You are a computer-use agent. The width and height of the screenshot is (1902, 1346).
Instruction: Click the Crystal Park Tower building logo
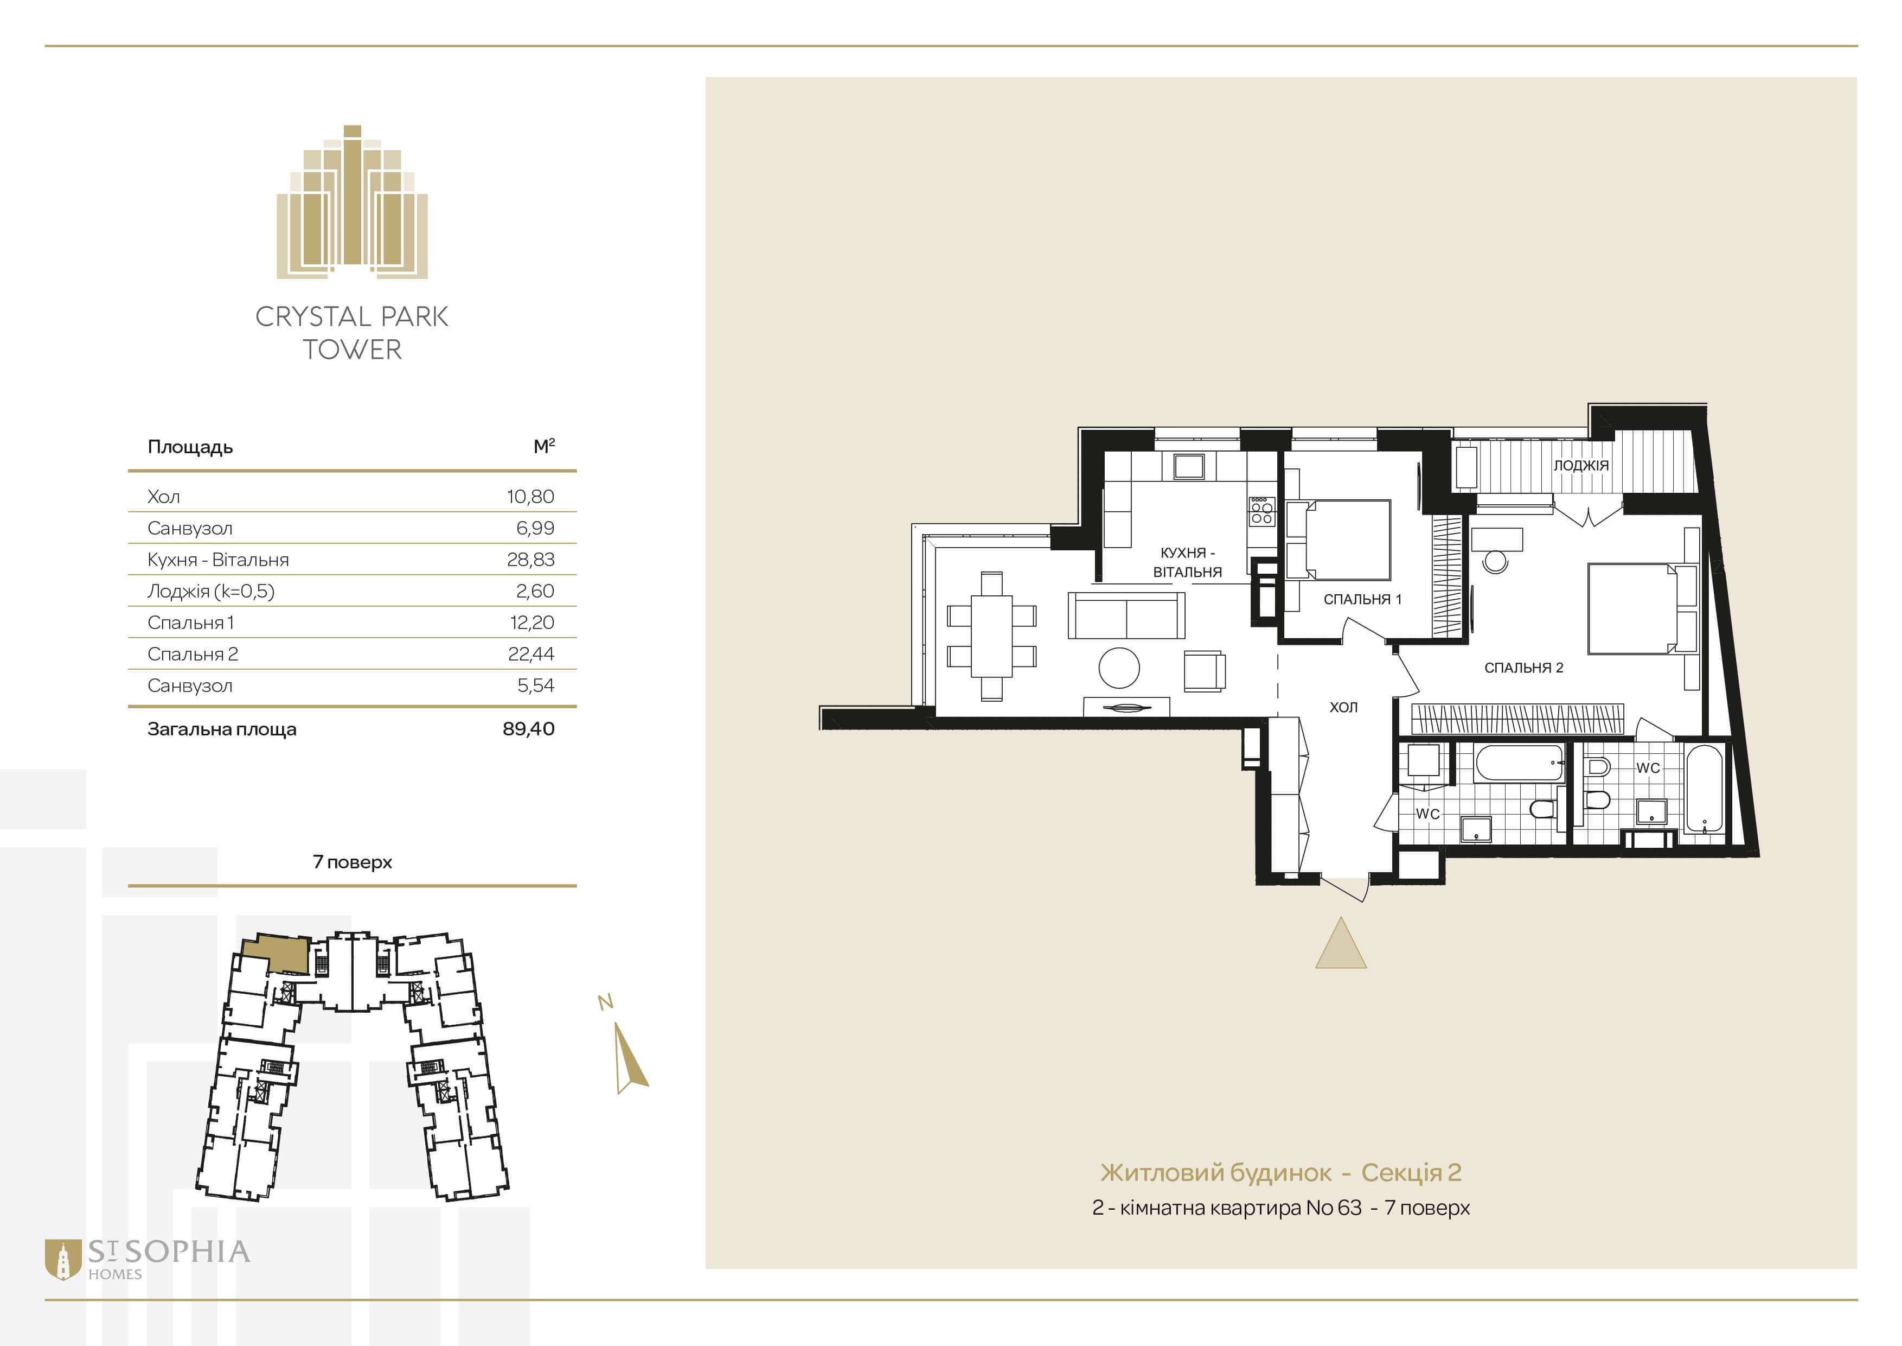point(352,201)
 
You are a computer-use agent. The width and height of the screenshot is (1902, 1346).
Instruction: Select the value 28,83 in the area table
point(530,560)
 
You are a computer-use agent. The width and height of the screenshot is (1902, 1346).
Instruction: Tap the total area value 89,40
point(529,728)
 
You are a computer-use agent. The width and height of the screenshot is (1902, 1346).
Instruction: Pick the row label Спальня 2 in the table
point(192,654)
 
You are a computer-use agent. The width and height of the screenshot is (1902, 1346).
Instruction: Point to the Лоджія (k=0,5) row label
point(210,591)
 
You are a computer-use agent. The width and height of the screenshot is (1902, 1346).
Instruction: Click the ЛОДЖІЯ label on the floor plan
point(1580,466)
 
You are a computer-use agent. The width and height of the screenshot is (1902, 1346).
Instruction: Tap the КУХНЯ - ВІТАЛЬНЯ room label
point(1187,562)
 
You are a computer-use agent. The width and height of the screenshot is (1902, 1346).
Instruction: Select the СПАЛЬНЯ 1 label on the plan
point(1362,599)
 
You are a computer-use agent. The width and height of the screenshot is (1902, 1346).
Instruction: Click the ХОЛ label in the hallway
point(1343,707)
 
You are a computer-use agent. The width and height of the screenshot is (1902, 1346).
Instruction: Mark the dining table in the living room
point(991,636)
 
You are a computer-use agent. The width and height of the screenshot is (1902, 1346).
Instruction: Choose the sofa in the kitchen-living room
point(1126,615)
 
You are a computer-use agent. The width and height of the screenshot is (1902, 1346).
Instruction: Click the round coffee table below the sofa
point(1119,667)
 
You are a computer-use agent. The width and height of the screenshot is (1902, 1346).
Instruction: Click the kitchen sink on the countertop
point(1188,467)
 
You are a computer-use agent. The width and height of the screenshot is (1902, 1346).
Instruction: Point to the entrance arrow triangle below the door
point(1340,943)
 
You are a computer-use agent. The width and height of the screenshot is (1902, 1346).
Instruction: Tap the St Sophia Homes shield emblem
point(62,1259)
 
